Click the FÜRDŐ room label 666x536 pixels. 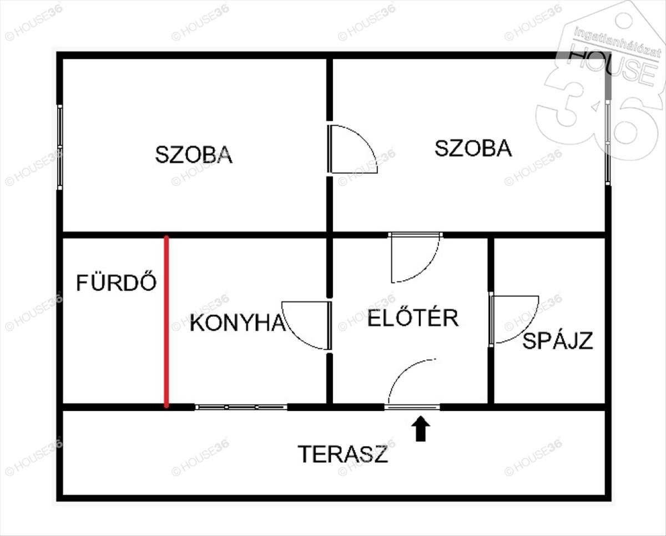click(x=116, y=283)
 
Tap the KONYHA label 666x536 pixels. click(x=237, y=323)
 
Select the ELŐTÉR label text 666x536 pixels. click(x=413, y=318)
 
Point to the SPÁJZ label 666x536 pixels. click(x=558, y=341)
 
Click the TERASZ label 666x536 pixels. click(x=342, y=454)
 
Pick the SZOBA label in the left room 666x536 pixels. click(x=193, y=155)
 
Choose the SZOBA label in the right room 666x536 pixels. click(x=473, y=149)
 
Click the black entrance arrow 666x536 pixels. click(x=421, y=429)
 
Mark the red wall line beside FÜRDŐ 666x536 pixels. click(x=166, y=322)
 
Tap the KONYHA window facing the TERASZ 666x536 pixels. click(x=241, y=407)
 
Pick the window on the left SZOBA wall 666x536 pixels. click(x=59, y=147)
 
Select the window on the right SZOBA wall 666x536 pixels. click(x=608, y=143)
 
